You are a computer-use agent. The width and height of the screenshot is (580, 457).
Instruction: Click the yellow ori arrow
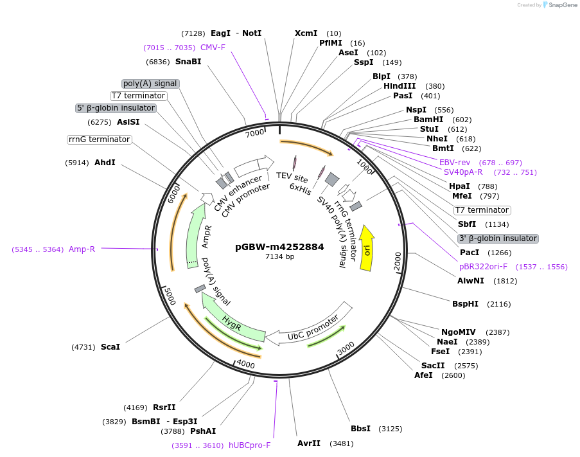367,248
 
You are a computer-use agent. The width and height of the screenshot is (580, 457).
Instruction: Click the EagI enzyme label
220,33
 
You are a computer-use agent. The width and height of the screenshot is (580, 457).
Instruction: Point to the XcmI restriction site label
306,33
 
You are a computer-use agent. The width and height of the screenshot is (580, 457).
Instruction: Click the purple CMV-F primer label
213,48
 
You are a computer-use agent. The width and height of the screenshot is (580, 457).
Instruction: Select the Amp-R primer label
82,249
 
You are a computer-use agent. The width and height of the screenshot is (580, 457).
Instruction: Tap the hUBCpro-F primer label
250,445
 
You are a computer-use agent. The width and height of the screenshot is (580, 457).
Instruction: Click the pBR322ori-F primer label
483,266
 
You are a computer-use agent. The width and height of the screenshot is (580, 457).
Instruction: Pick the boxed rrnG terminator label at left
99,139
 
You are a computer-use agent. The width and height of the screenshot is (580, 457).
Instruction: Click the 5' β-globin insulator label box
116,108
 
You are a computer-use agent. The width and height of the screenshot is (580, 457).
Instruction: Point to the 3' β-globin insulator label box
498,238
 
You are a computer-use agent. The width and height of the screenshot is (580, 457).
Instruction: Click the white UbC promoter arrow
312,328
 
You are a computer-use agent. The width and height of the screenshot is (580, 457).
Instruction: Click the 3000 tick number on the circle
346,348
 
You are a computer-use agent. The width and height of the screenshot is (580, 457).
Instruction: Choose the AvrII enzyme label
309,444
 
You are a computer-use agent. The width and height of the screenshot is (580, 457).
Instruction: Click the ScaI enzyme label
110,346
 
